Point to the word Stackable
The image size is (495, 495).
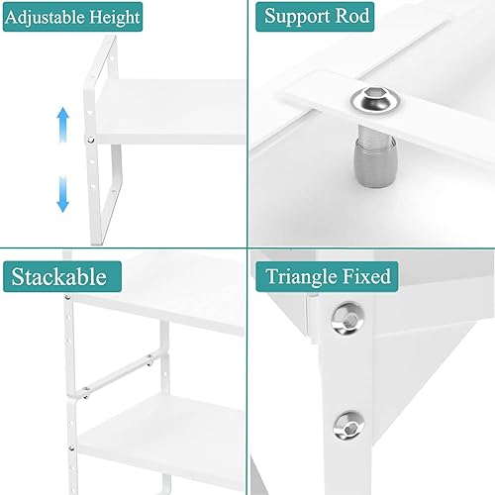coord(59,275)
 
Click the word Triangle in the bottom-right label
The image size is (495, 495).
coord(308,275)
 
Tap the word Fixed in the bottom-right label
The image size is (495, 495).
coord(369,275)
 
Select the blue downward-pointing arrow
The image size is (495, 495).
coord(63,193)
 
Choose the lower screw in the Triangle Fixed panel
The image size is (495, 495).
coord(347,424)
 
